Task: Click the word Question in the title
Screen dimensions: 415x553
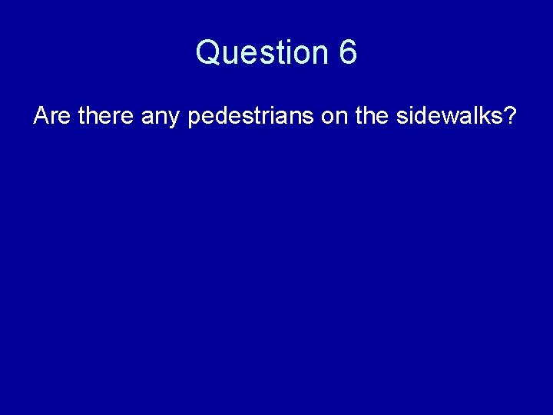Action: coord(261,53)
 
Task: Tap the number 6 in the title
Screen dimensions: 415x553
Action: coord(347,53)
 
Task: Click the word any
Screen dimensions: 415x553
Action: coord(161,118)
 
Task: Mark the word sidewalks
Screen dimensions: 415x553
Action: coord(452,117)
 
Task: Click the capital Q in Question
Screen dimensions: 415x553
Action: coord(209,53)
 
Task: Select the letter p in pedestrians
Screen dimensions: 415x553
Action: coord(194,120)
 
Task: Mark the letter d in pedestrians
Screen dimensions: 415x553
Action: coord(223,117)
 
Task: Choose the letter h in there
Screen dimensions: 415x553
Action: coord(92,117)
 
